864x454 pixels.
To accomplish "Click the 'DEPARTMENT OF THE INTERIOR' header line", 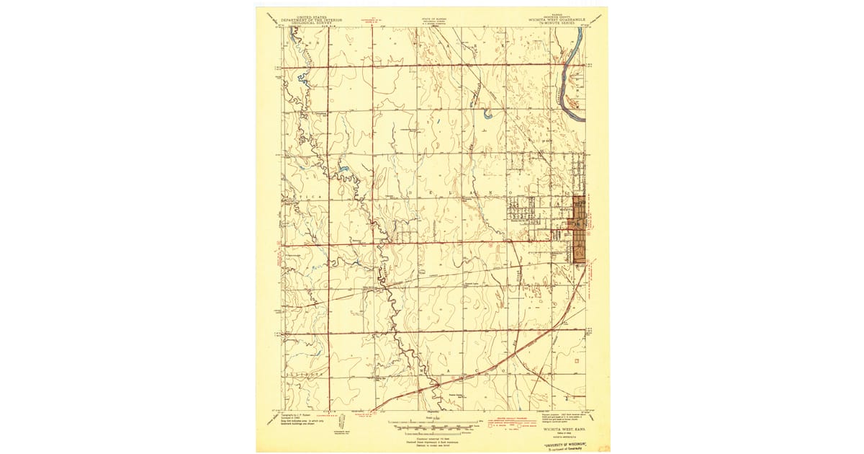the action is pos(309,18).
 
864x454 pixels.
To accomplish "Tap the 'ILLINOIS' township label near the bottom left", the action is pos(303,375).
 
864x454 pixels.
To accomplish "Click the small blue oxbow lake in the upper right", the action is pos(487,114).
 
